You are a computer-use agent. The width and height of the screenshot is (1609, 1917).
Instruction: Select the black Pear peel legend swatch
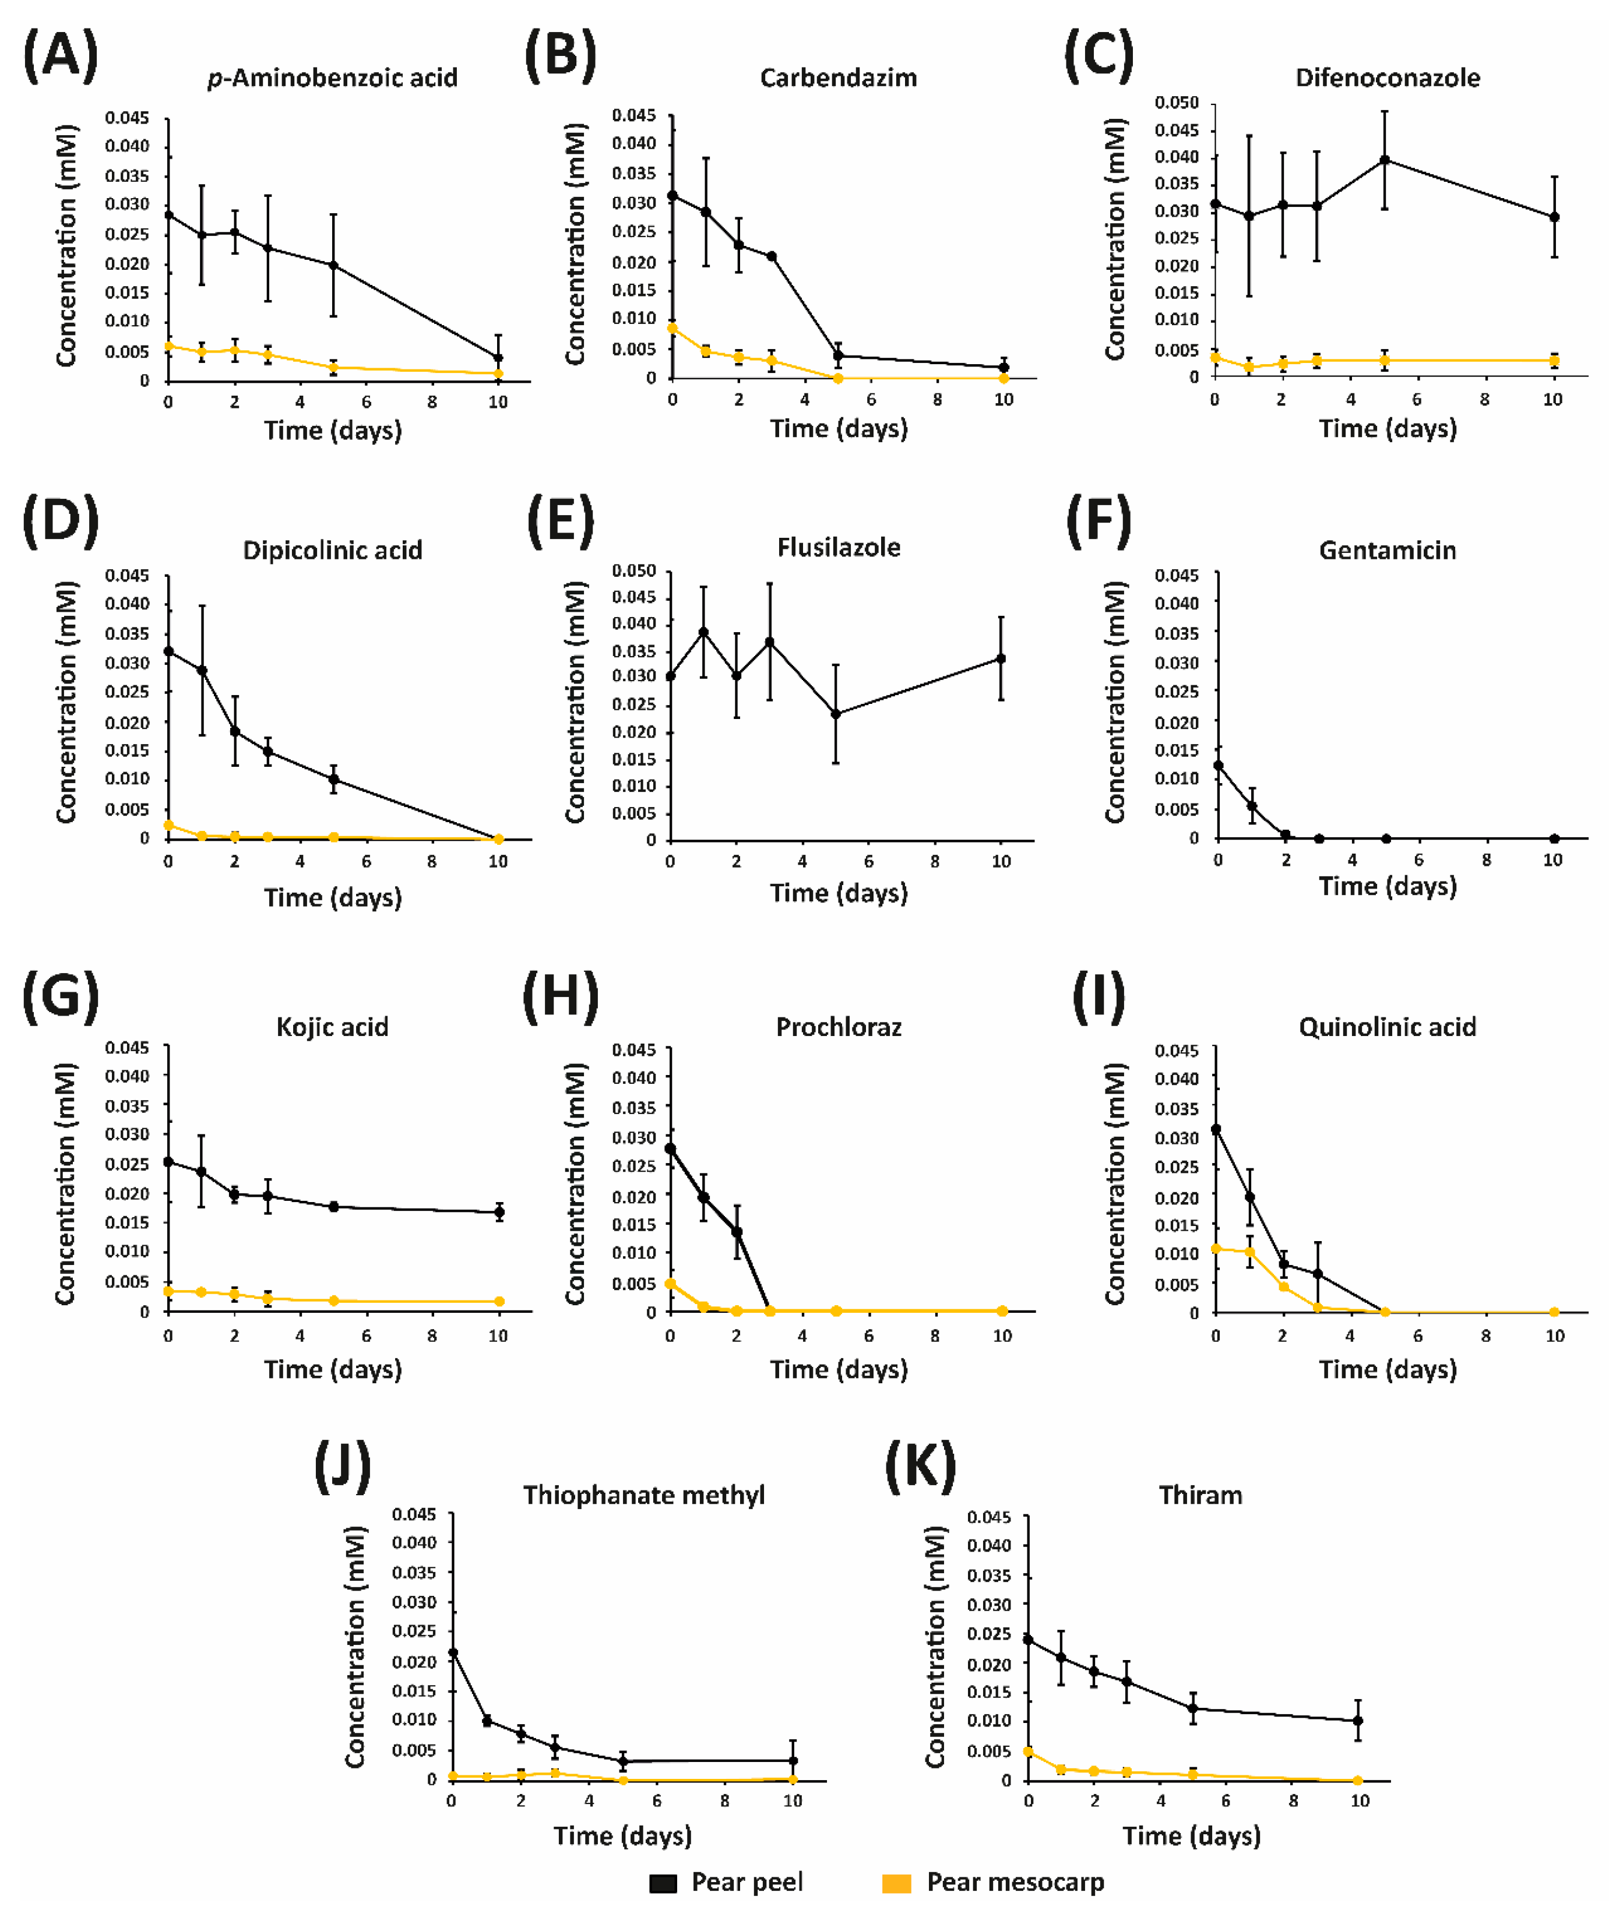663,1883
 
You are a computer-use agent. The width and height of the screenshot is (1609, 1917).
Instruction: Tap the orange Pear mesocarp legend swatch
897,1883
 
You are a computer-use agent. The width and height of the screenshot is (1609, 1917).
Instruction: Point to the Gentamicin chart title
1387,551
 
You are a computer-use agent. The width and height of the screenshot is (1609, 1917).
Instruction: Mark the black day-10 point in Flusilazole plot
1001,658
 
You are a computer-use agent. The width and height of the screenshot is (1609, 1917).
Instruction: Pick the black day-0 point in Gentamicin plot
1218,766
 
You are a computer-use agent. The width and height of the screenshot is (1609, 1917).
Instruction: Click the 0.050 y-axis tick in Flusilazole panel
633,570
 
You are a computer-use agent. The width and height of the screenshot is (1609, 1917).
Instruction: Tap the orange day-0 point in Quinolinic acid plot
1216,1249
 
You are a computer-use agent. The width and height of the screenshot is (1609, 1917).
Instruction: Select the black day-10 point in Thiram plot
1358,1721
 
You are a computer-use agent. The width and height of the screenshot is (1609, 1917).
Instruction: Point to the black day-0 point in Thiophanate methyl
453,1652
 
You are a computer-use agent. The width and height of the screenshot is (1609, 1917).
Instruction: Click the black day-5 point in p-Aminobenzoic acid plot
333,266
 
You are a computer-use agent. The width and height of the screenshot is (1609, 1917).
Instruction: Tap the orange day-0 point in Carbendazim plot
673,327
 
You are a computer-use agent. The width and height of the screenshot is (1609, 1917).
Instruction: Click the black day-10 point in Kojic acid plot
499,1213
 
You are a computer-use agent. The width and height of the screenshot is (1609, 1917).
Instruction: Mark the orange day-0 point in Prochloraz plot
670,1284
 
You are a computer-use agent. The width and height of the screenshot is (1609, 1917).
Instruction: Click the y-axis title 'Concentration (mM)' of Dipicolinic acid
66,703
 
